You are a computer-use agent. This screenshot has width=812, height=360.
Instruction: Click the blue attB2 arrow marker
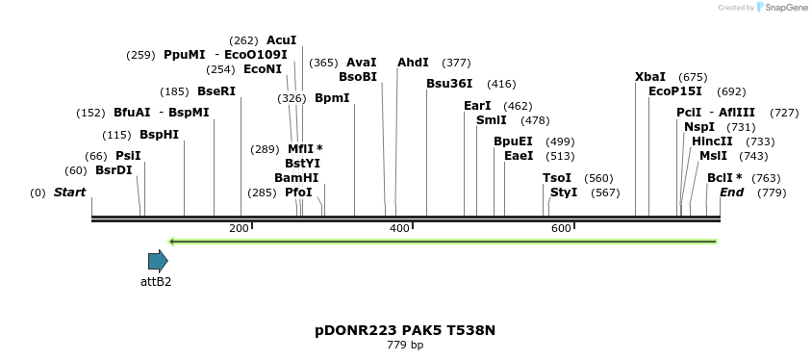pyautogui.click(x=158, y=261)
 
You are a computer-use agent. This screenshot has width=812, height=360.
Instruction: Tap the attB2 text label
pyautogui.click(x=156, y=282)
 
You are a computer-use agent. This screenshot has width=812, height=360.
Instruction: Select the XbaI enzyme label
pyautogui.click(x=650, y=77)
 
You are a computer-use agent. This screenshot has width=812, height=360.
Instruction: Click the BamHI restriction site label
pyautogui.click(x=295, y=178)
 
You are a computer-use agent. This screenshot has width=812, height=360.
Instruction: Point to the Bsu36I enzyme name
pyautogui.click(x=449, y=84)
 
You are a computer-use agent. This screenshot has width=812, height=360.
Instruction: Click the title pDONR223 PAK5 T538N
pyautogui.click(x=405, y=330)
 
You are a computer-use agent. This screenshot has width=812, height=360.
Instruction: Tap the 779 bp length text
pyautogui.click(x=405, y=345)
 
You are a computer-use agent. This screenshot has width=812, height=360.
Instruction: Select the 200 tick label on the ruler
pyautogui.click(x=238, y=228)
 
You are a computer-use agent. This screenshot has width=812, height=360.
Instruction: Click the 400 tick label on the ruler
pyautogui.click(x=399, y=228)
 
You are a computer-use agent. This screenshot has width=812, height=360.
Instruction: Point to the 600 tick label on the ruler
pyautogui.click(x=562, y=228)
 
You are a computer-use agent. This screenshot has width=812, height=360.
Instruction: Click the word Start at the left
pyautogui.click(x=69, y=193)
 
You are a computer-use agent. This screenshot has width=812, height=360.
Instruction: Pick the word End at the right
pyautogui.click(x=731, y=193)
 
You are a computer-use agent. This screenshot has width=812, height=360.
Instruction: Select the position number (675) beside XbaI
pyautogui.click(x=693, y=77)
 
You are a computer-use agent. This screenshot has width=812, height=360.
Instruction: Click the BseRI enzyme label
pyautogui.click(x=216, y=91)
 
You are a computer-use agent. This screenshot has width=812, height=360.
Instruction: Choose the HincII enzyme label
pyautogui.click(x=712, y=141)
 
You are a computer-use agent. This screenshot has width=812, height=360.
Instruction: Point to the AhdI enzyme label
pyautogui.click(x=413, y=63)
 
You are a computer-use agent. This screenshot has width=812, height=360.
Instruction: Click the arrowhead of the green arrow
pyautogui.click(x=172, y=241)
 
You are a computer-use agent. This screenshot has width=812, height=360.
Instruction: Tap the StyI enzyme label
pyautogui.click(x=564, y=193)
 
